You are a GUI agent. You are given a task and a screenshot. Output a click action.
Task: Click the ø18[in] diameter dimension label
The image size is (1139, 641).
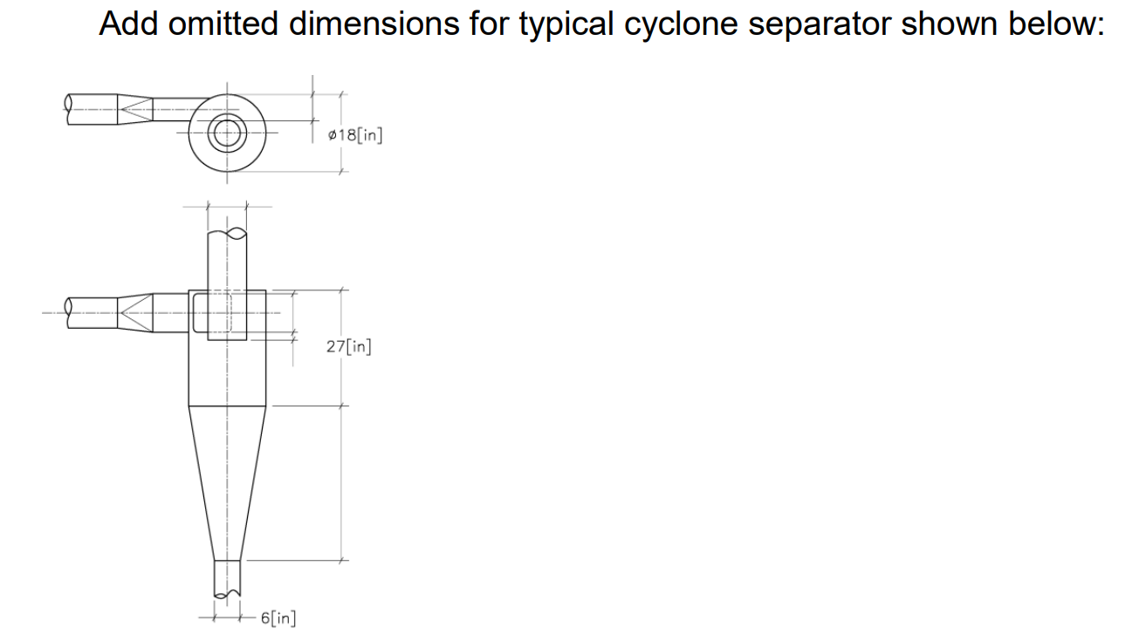354,135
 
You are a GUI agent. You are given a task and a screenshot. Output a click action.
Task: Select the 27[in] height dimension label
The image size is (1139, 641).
348,346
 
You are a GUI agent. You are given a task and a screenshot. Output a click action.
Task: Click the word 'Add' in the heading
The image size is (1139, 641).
128,24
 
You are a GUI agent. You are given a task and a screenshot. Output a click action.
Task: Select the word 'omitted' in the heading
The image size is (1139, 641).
222,24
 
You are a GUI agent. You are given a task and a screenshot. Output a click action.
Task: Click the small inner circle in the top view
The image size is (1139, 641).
228,133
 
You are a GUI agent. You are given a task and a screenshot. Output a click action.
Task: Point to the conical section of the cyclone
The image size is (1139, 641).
227,480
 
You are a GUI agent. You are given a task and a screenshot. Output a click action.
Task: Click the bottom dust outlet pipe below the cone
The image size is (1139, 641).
227,577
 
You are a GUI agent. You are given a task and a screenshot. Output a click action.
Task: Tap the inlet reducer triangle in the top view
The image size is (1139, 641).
135,109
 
